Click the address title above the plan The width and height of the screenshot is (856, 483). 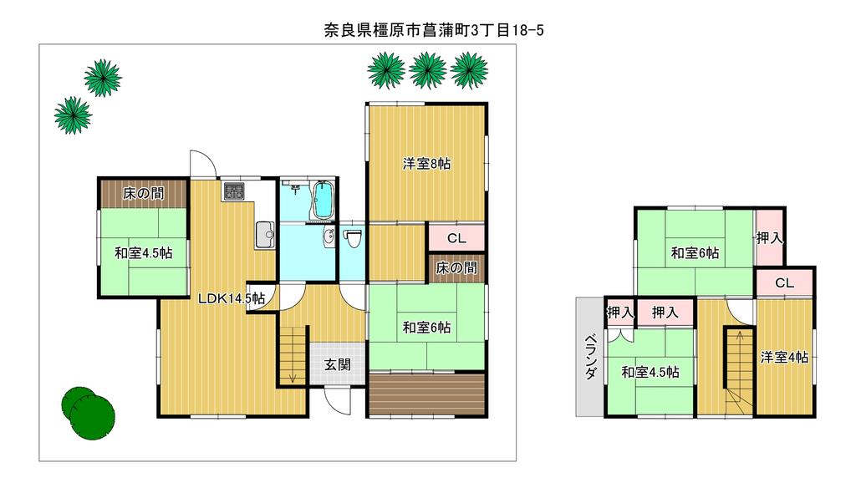[x=434, y=29]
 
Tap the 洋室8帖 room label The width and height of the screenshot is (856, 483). [x=427, y=163]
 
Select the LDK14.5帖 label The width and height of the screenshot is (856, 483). [x=232, y=298]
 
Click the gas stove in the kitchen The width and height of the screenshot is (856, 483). [x=234, y=191]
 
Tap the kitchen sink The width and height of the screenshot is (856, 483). [x=265, y=235]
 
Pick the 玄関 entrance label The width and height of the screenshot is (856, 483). [x=338, y=364]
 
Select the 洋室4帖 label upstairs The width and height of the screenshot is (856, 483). [x=784, y=357]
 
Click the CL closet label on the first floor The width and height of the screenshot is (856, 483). [x=456, y=238]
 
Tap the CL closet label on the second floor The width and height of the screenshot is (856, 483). [x=784, y=282]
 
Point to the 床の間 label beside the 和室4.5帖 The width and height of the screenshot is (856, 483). [x=143, y=193]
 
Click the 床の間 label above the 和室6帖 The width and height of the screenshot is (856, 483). [x=456, y=268]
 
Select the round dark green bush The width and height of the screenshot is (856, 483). [x=88, y=413]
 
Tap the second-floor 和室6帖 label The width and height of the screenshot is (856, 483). [x=695, y=252]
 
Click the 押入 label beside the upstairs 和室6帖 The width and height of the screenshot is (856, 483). [x=770, y=238]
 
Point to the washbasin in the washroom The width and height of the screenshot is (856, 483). [x=329, y=238]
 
